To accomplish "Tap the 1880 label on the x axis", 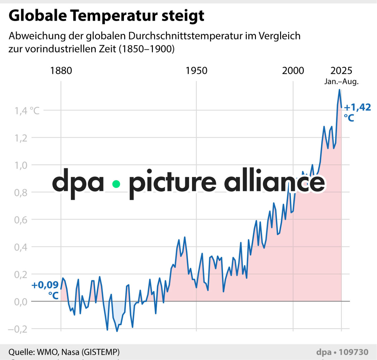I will (61, 71).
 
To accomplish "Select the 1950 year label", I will (196, 71).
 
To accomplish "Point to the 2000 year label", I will (293, 71).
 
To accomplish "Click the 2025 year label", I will (341, 71).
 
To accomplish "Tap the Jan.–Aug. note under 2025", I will (341, 82).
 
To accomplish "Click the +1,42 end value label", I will (357, 107).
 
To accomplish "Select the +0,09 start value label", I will (45, 285).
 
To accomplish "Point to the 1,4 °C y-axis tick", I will (27, 111).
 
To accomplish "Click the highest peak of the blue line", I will (340, 90).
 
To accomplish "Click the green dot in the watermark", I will (116, 184).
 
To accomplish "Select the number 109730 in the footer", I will (353, 352).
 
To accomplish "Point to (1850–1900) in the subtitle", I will (147, 49).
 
